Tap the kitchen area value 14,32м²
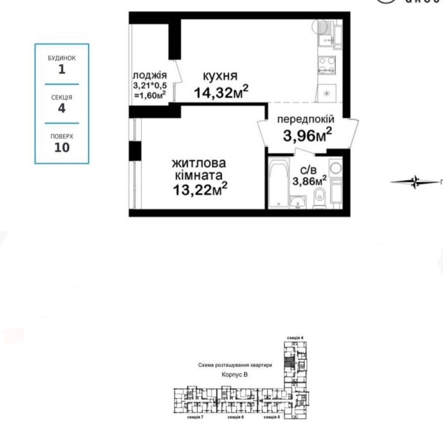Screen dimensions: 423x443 coord(221,94)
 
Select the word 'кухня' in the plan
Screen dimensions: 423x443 coord(219,76)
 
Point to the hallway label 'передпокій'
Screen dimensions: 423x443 coord(306,119)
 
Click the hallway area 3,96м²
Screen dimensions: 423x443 coord(307,134)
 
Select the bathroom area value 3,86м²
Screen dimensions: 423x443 coord(310,181)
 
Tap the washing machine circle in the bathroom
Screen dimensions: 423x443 coord(336,167)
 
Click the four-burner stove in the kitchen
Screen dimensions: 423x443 coord(326,66)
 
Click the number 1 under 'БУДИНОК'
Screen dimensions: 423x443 coord(62,69)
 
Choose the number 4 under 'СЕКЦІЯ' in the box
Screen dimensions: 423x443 coord(62,108)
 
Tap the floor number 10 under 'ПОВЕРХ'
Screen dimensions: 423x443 coord(62,147)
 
